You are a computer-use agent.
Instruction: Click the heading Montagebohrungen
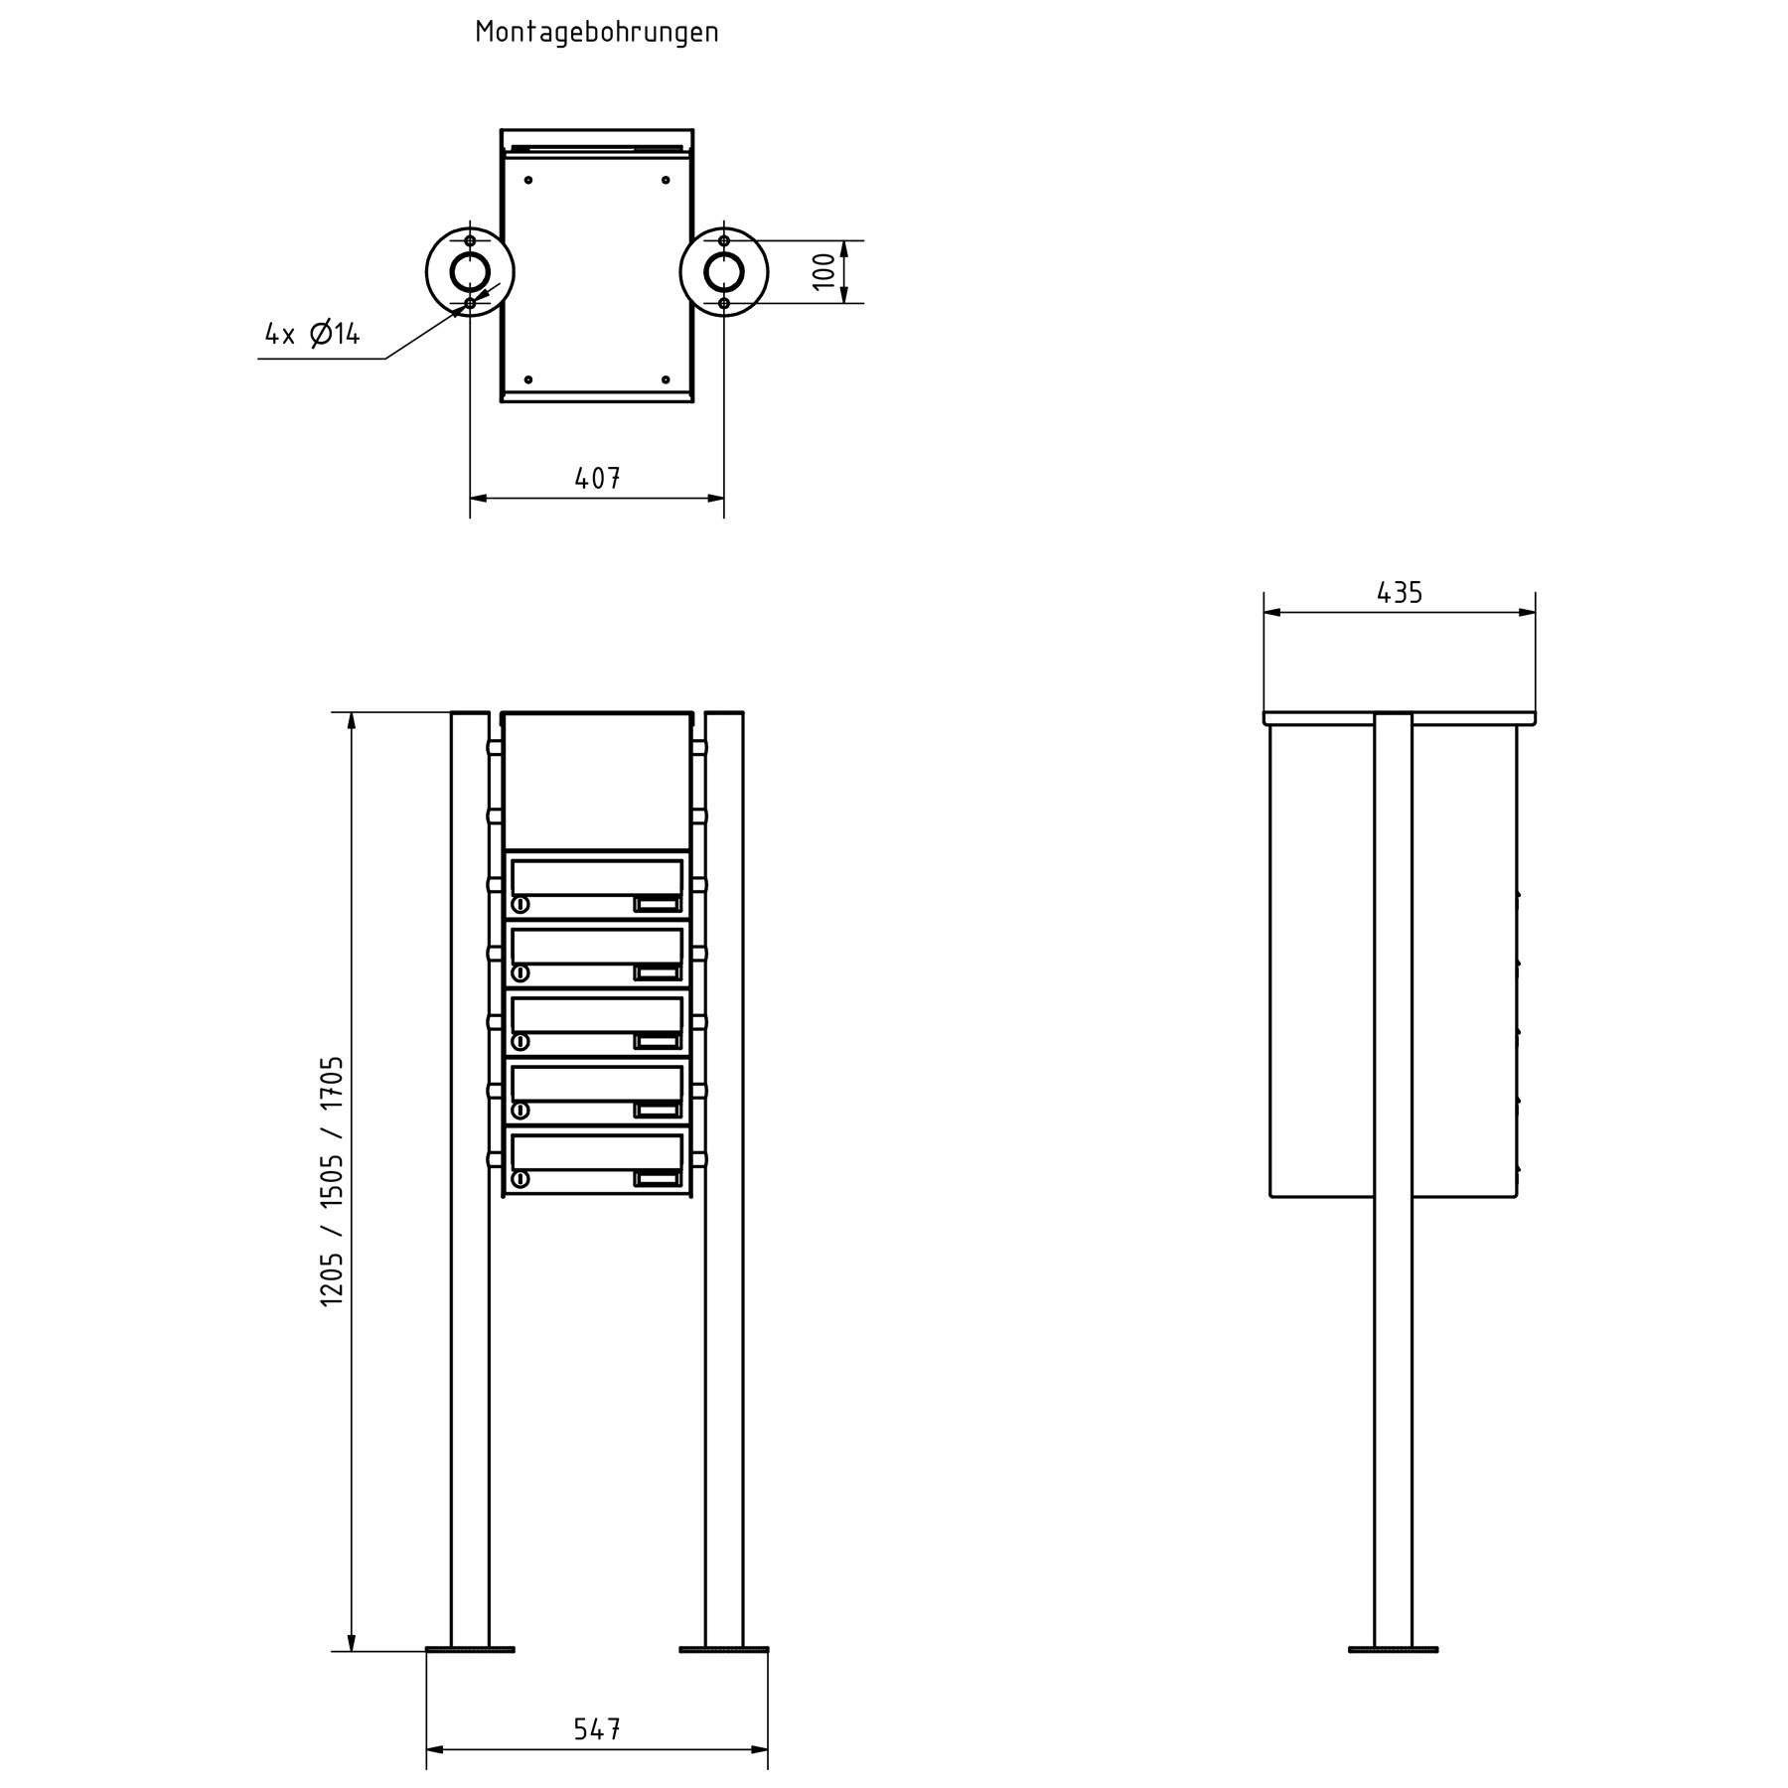click(597, 32)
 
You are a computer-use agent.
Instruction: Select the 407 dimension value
click(598, 479)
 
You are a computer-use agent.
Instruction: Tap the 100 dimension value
click(824, 271)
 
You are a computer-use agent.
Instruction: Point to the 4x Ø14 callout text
click(313, 334)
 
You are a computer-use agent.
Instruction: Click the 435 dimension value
click(1400, 593)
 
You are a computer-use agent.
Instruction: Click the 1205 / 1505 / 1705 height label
click(332, 1181)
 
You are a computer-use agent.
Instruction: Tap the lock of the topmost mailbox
click(521, 904)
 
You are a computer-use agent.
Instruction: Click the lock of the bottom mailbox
click(521, 1179)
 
